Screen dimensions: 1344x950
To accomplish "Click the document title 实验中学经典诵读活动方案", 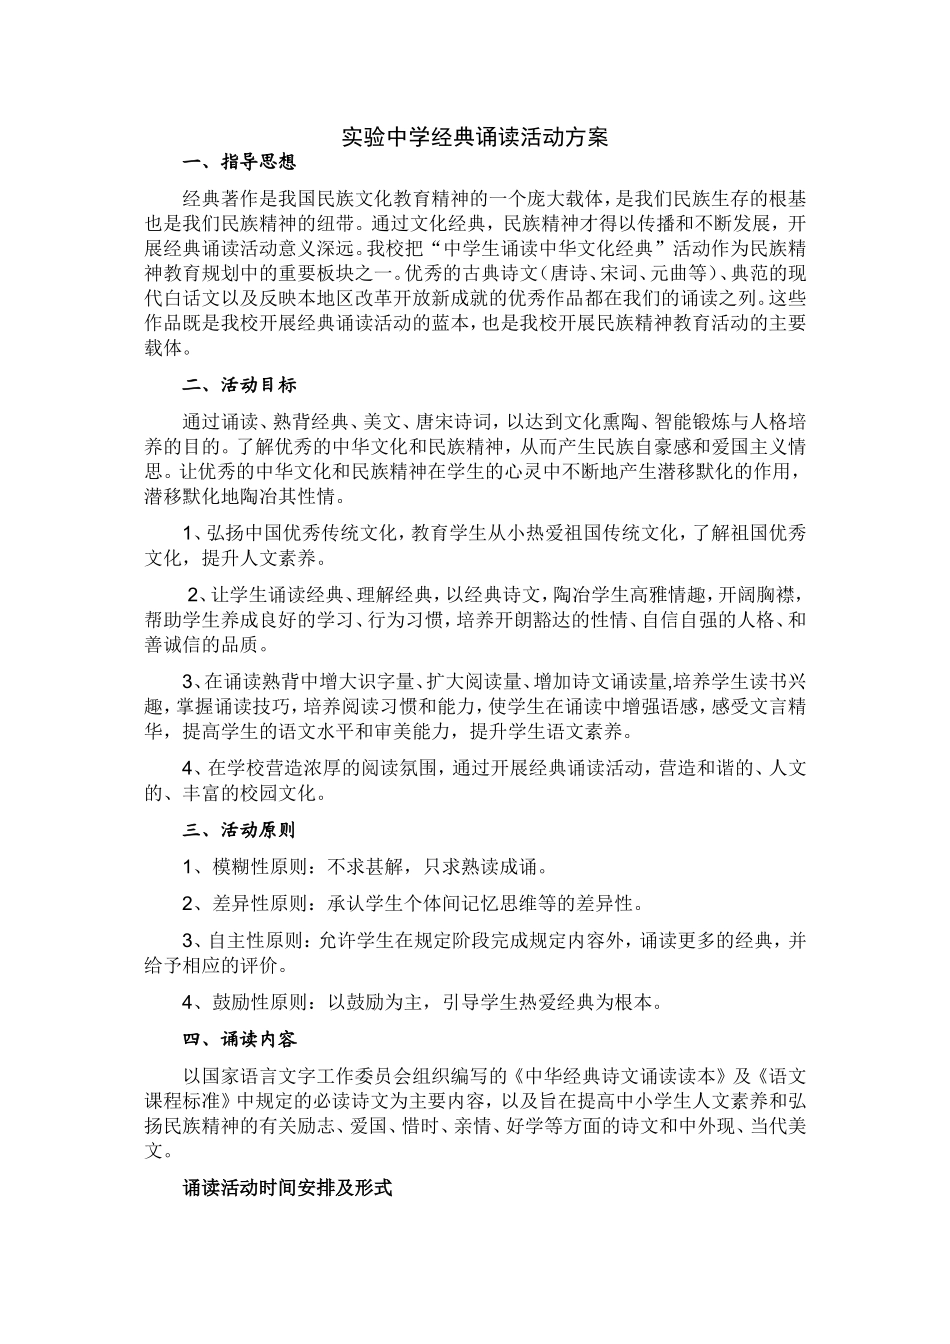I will [474, 137].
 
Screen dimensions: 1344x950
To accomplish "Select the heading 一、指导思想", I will [239, 162].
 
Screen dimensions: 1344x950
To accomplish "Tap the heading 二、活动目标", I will [239, 385].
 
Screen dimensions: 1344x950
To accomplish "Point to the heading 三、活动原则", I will [239, 829].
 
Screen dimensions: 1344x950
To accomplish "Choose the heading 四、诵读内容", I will [239, 1039].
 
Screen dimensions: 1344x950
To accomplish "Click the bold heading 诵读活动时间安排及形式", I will [287, 1188].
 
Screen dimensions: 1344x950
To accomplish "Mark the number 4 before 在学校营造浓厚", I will [188, 768].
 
